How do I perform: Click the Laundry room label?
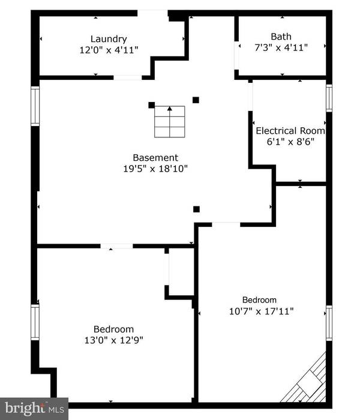click(x=109, y=39)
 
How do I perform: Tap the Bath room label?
click(x=281, y=36)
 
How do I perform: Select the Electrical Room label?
click(x=290, y=131)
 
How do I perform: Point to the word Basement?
click(x=155, y=158)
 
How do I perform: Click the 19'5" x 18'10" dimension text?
click(x=155, y=169)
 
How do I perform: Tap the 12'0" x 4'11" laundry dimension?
click(x=109, y=50)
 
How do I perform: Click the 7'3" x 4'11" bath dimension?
click(x=281, y=47)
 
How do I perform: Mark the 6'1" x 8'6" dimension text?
click(x=290, y=142)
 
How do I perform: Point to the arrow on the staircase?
click(x=169, y=110)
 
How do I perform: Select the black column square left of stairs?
click(x=151, y=104)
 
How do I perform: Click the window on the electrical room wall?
click(x=329, y=98)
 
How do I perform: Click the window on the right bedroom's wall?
click(x=329, y=322)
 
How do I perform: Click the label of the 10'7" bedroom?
click(x=259, y=300)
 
